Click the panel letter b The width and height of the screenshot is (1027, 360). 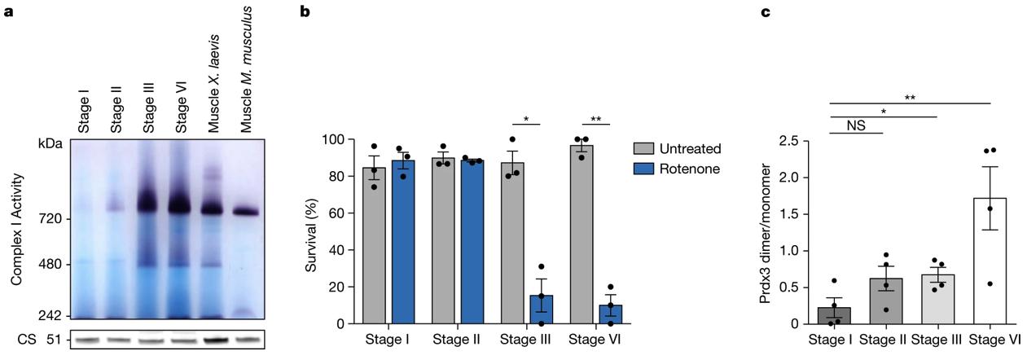pos(305,12)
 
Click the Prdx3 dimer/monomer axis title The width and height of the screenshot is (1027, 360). pos(766,232)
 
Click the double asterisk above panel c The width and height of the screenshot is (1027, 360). pos(910,97)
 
